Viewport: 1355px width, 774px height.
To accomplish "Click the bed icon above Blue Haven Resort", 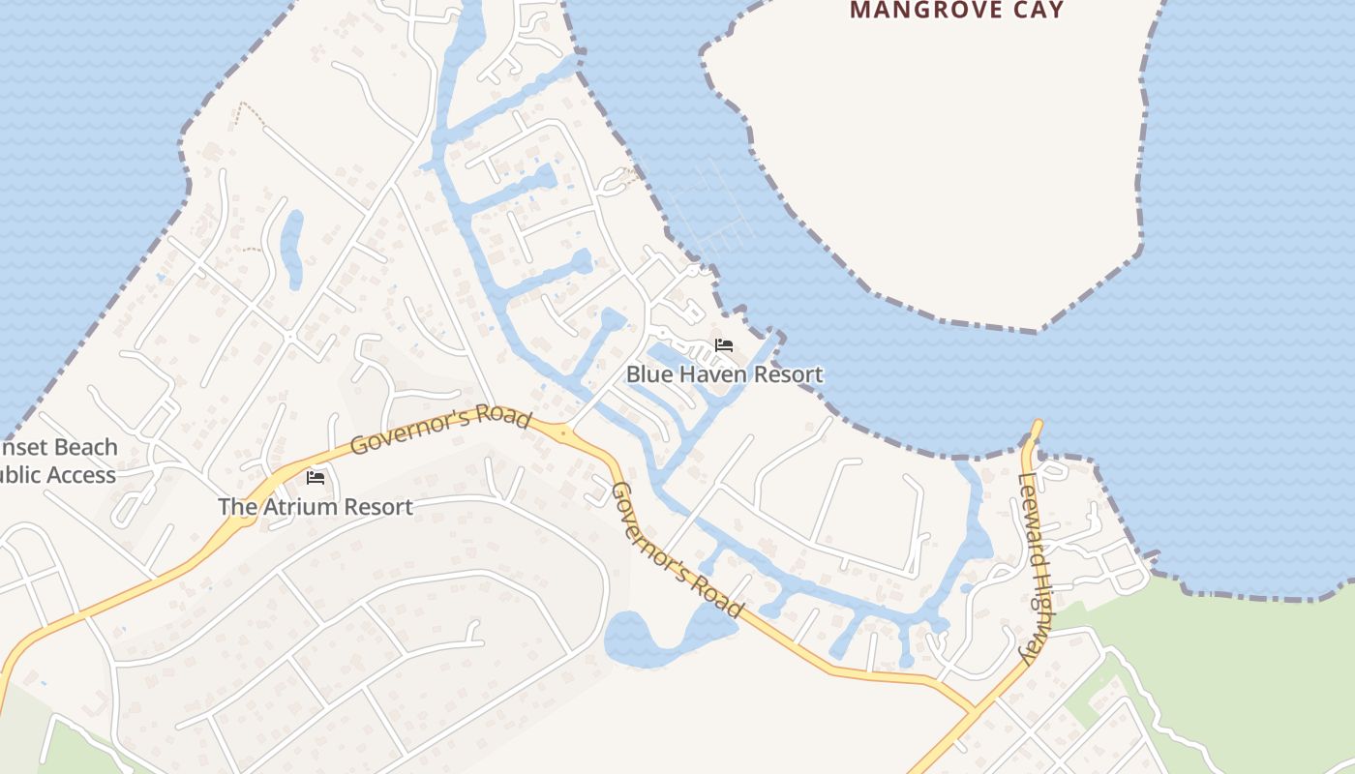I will click(724, 345).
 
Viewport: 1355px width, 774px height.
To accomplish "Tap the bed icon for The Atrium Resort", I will click(316, 477).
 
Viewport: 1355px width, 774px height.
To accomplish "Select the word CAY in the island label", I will click(1034, 11).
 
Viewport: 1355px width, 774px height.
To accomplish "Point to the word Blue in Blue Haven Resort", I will click(647, 374).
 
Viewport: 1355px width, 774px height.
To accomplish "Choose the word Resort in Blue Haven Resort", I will click(787, 374).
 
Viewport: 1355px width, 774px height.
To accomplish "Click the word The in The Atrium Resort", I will click(237, 507).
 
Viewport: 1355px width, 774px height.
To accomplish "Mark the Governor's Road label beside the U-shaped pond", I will click(677, 550).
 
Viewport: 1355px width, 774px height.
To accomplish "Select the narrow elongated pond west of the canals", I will click(292, 249).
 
